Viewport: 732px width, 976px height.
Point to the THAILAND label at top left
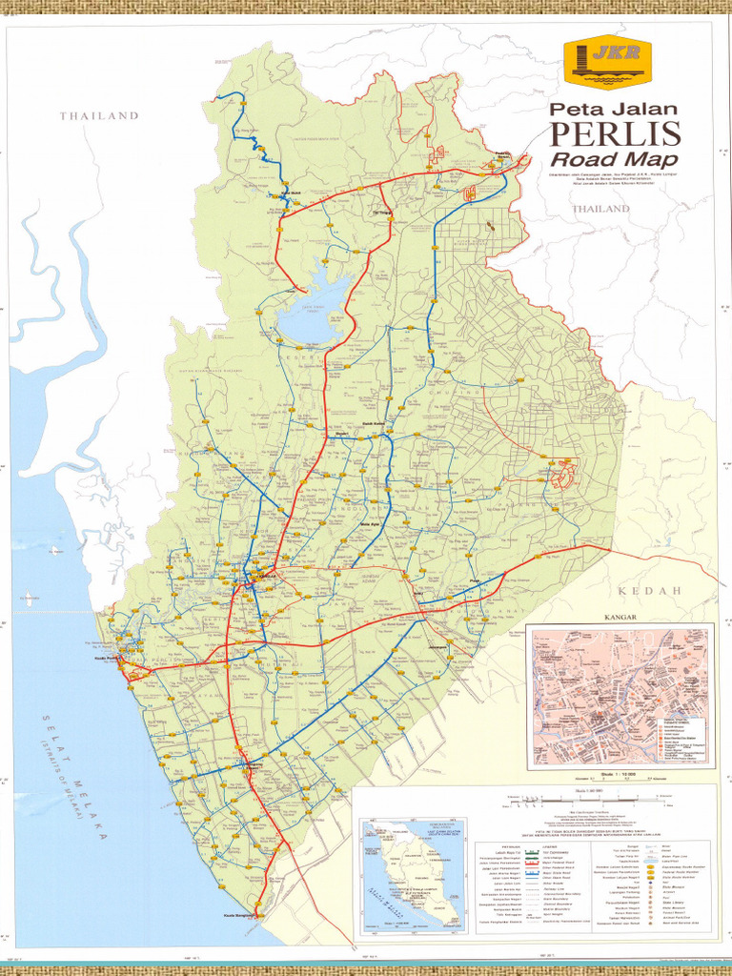coord(99,116)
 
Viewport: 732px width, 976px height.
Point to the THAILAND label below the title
coord(601,209)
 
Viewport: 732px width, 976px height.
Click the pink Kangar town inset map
coord(620,696)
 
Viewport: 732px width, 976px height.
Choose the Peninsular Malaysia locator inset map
coord(412,874)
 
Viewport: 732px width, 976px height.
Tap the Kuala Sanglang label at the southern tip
coord(240,916)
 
